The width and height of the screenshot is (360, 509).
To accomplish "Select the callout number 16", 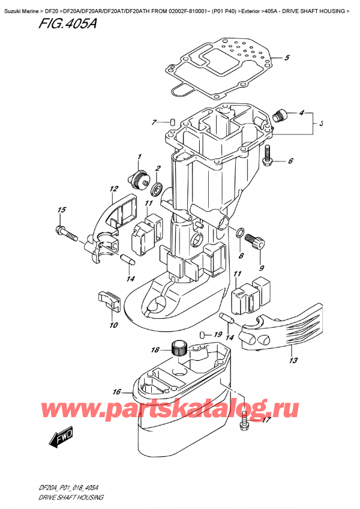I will point(117,392).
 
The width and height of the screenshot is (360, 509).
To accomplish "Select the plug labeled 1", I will point(140,178).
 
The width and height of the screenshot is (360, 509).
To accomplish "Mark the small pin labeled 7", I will point(172,122).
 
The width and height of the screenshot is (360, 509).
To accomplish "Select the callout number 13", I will point(293,361).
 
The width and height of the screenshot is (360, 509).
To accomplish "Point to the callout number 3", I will point(321,124).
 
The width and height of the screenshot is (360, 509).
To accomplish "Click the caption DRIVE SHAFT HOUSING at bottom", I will point(71,498).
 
